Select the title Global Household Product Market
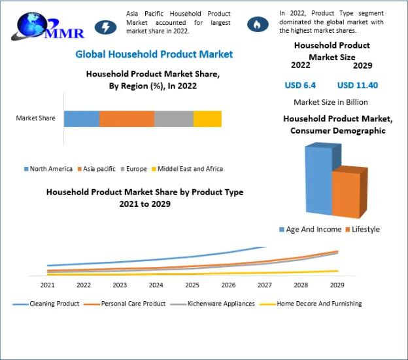pyautogui.click(x=154, y=54)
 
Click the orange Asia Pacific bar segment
pyautogui.click(x=127, y=118)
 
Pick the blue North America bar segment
pyautogui.click(x=82, y=118)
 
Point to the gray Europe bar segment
pyautogui.click(x=174, y=118)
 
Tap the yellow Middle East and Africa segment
pyautogui.click(x=207, y=118)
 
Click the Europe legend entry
pyautogui.click(x=133, y=169)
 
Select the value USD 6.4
pyautogui.click(x=300, y=85)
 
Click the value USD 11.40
pyautogui.click(x=358, y=85)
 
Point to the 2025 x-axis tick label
pyautogui.click(x=192, y=285)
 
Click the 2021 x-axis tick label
pyautogui.click(x=48, y=285)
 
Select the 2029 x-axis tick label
pyautogui.click(x=337, y=285)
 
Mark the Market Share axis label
pyautogui.click(x=36, y=118)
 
